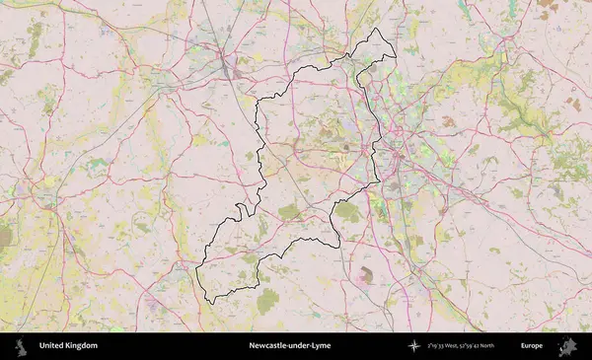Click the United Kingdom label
tap(68, 346)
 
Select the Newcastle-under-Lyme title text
tap(290, 346)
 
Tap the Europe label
tap(532, 346)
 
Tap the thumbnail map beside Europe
tap(567, 346)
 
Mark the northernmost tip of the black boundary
tap(376, 29)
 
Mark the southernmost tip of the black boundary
tap(208, 303)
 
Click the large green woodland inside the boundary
tap(347, 211)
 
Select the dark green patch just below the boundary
tap(267, 302)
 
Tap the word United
tap(51, 346)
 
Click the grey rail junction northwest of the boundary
tap(229, 69)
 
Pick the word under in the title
tap(297, 346)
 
